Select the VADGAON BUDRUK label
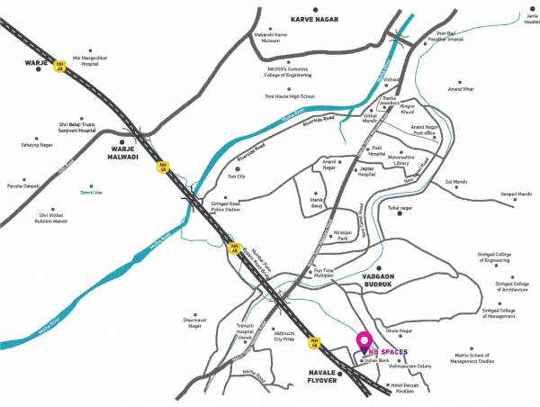(x=391, y=280)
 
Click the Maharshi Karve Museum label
(x=266, y=40)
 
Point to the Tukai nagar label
(x=400, y=208)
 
